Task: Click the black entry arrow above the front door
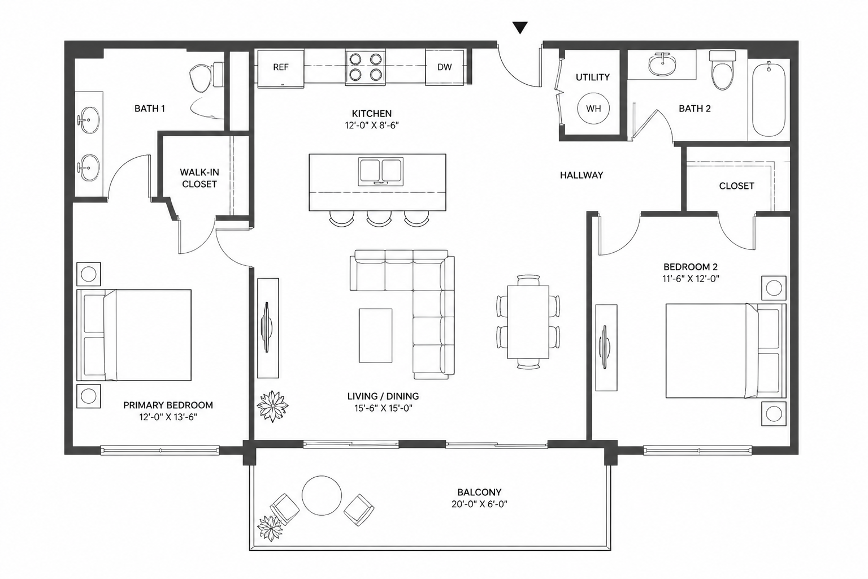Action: (520, 28)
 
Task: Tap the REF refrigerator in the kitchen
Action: (280, 67)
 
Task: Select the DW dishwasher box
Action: (445, 67)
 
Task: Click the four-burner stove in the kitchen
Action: (366, 67)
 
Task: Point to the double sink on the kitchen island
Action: (380, 171)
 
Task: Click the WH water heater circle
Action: (593, 109)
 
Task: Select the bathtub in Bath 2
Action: (769, 100)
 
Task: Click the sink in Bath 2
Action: (662, 64)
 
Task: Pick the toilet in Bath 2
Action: (723, 70)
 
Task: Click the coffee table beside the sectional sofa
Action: (375, 335)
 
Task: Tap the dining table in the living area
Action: (528, 322)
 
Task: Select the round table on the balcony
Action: (322, 496)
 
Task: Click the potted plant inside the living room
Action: (272, 406)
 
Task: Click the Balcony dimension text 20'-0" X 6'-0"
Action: (479, 504)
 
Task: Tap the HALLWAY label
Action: (581, 175)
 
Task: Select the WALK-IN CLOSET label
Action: (199, 178)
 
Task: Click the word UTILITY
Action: (592, 77)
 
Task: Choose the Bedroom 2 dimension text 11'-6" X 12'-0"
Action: (691, 278)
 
